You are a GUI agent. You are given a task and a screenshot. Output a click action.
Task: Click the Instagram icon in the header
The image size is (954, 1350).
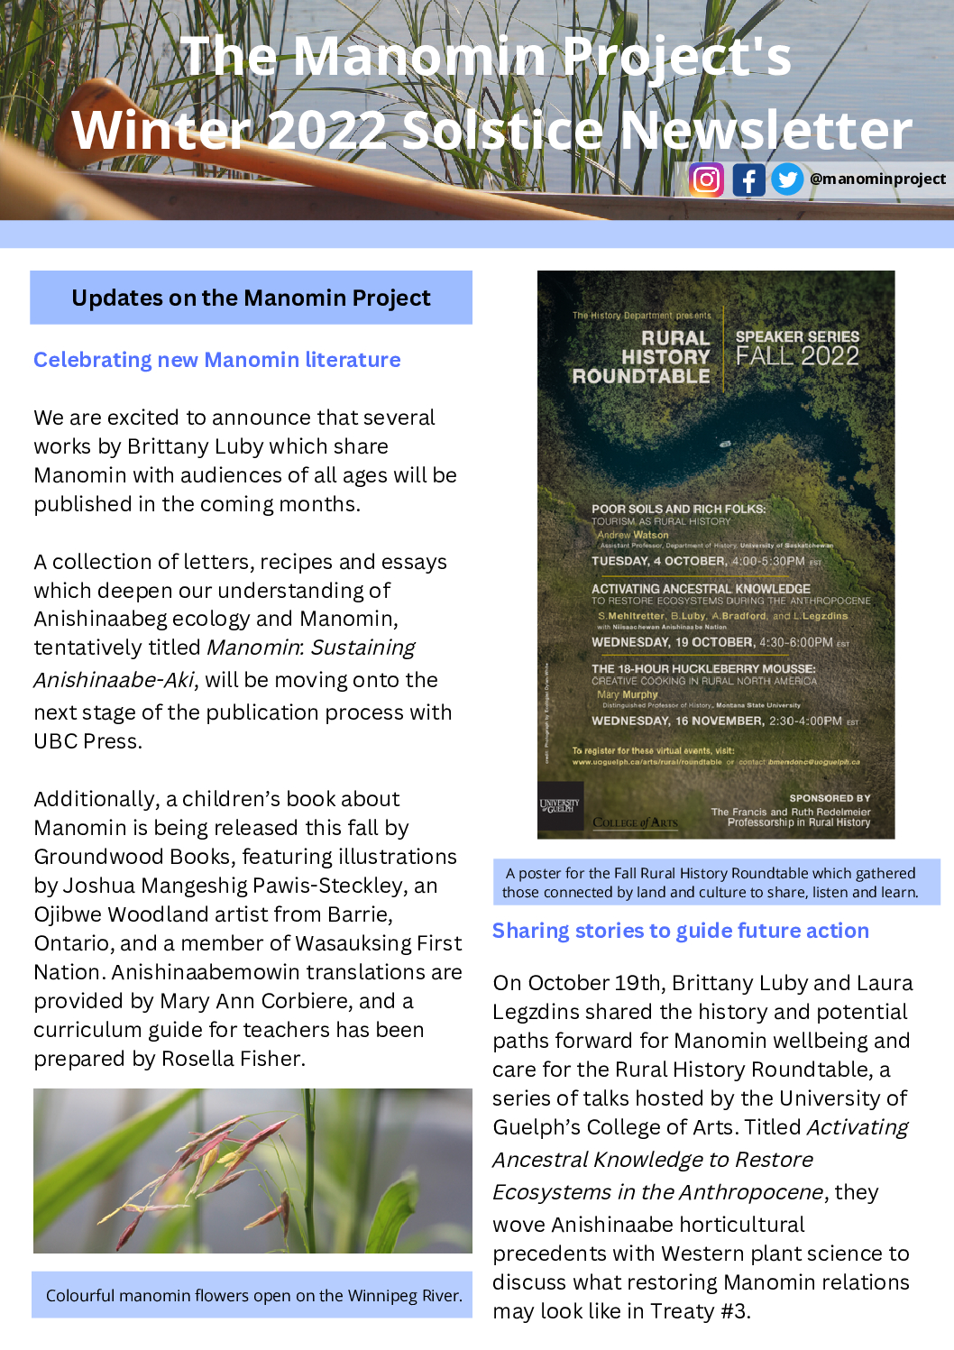click(706, 180)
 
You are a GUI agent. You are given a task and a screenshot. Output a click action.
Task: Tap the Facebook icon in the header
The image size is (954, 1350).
click(748, 180)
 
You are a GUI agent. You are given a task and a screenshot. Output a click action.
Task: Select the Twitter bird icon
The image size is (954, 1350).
click(787, 179)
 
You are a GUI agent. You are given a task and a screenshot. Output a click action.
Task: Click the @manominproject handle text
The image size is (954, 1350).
click(877, 179)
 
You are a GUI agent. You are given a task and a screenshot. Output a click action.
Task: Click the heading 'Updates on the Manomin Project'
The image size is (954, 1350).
click(251, 298)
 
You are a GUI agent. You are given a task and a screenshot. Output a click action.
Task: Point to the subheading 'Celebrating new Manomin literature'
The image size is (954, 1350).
click(217, 360)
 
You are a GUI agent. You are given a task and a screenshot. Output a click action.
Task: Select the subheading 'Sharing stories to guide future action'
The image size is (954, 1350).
click(681, 931)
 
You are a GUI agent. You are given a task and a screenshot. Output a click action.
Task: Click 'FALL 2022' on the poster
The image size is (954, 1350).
click(797, 356)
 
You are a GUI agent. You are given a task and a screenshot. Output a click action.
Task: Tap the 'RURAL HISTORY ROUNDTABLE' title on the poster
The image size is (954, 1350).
click(642, 357)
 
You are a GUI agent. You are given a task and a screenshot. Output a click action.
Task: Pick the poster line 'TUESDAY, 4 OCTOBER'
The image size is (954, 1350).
click(658, 561)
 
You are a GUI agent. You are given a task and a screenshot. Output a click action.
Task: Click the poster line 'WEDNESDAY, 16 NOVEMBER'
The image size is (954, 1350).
click(677, 721)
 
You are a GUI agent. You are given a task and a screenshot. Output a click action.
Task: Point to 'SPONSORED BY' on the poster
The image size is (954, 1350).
click(830, 798)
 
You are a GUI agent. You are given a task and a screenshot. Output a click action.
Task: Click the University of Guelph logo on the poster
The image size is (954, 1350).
click(559, 804)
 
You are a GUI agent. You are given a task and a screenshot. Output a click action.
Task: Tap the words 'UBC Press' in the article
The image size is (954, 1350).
click(87, 741)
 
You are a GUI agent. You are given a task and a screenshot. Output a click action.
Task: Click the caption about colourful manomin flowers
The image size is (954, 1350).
click(253, 1296)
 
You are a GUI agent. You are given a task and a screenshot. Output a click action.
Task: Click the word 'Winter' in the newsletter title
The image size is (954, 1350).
click(162, 131)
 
